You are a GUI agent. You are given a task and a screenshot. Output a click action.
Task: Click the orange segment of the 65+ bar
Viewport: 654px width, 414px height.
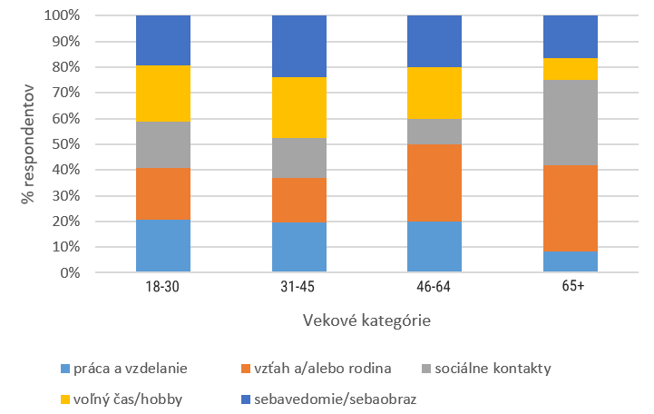click(x=571, y=208)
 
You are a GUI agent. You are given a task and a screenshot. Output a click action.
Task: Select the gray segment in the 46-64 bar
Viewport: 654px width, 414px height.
click(x=434, y=132)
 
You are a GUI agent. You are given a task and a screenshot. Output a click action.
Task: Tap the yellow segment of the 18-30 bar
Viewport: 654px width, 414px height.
click(x=163, y=94)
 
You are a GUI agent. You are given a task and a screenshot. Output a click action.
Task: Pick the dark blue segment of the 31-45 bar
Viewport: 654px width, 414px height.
click(x=299, y=46)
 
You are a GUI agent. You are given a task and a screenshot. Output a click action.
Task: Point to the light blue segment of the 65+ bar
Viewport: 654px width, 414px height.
click(x=571, y=261)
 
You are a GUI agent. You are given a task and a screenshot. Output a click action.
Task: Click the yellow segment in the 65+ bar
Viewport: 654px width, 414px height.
click(x=571, y=69)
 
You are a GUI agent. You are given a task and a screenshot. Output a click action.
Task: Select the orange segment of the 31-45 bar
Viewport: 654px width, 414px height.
click(x=299, y=201)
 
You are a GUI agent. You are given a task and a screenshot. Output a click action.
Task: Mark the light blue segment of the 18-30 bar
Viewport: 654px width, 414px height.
click(x=163, y=246)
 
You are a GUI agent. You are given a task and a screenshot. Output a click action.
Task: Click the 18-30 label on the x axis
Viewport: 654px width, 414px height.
click(x=162, y=287)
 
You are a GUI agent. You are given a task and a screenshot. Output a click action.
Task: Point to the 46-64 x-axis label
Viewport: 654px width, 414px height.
click(x=434, y=287)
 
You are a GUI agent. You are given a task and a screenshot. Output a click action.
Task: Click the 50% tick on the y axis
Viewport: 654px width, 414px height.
click(x=66, y=144)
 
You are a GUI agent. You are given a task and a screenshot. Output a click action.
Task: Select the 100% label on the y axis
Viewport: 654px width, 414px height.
click(x=63, y=15)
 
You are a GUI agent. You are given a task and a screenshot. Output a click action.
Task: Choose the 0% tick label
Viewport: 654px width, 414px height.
click(x=70, y=273)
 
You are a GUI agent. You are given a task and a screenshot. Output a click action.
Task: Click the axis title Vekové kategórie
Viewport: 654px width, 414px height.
click(x=366, y=320)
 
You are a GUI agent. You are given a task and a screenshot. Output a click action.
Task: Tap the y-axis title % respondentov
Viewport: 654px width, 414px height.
click(x=27, y=144)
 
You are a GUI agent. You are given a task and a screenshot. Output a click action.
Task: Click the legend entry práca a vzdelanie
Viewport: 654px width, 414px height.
click(x=124, y=369)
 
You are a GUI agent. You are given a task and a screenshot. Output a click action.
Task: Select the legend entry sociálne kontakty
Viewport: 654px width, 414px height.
click(x=486, y=369)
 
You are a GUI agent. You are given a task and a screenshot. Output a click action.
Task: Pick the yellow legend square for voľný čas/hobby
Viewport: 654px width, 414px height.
click(x=65, y=399)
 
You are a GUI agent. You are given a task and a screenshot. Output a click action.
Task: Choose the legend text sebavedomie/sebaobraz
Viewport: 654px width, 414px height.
click(x=336, y=399)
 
